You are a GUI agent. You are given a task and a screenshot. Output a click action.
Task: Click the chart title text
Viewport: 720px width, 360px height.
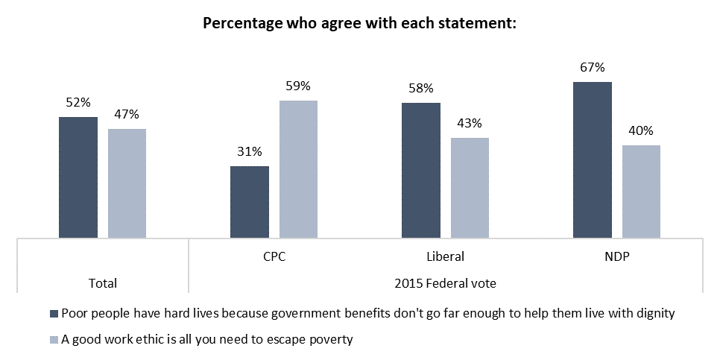point(360,22)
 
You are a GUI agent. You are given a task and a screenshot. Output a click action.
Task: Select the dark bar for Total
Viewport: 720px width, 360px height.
point(78,177)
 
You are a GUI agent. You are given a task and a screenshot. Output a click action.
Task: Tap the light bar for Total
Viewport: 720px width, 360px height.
point(127,183)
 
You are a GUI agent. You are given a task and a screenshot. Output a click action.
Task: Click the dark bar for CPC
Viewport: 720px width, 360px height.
point(250,202)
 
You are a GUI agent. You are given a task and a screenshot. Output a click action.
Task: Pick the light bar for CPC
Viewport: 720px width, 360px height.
point(298,169)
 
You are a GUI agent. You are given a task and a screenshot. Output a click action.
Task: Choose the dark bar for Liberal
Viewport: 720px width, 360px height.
point(421,171)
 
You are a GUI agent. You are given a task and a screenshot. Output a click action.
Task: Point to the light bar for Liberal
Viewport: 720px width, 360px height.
point(470,188)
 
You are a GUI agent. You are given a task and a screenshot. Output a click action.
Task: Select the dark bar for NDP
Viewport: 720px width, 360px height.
point(593,160)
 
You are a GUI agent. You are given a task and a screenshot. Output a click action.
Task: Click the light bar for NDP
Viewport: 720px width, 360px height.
point(641,192)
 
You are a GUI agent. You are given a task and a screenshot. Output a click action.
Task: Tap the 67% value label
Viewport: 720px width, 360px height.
point(593,68)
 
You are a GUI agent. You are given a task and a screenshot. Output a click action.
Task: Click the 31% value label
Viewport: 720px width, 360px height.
point(250,152)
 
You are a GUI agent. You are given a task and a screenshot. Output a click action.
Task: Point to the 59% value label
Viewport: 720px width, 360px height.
point(298,86)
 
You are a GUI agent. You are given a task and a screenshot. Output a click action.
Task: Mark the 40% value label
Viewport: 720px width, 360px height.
point(641,131)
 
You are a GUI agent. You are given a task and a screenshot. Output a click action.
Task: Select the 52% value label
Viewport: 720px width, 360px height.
point(78,103)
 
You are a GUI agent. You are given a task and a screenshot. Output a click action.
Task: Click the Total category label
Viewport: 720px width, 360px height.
point(102,283)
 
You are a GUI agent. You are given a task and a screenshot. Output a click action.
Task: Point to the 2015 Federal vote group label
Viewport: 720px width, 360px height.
point(446,283)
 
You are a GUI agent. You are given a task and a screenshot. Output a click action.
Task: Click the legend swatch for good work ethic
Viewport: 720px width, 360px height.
point(53,340)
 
